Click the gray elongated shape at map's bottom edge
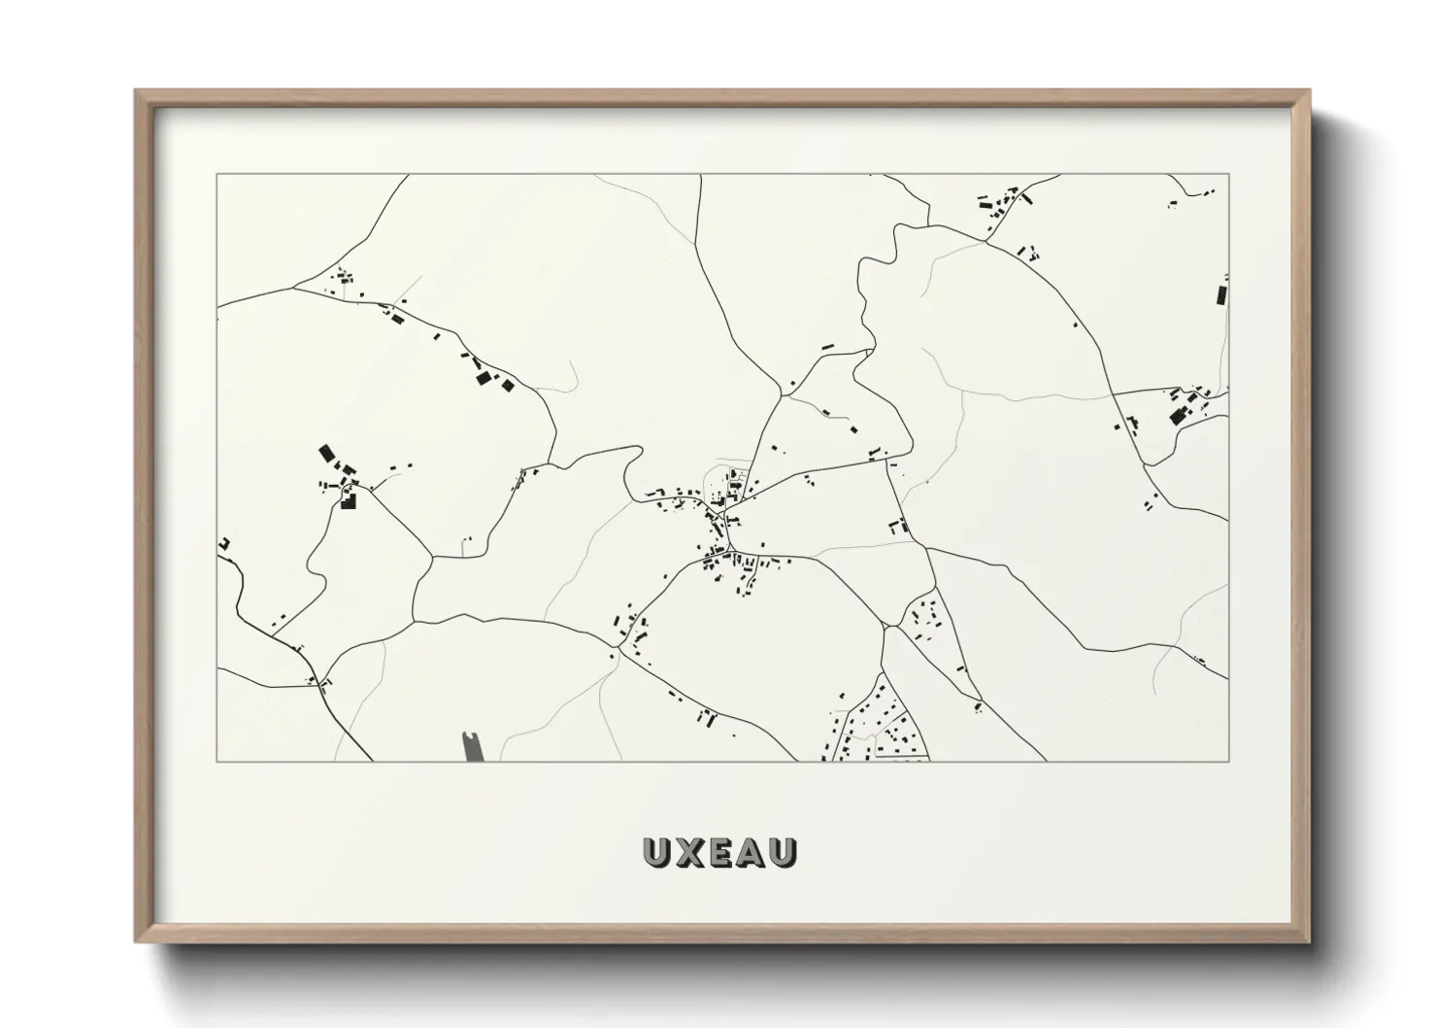pyautogui.click(x=473, y=745)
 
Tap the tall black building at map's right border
pyautogui.click(x=1221, y=293)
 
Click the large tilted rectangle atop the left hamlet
pyautogui.click(x=326, y=453)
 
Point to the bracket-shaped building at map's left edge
pyautogui.click(x=223, y=544)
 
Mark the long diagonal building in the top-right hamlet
pyautogui.click(x=1026, y=198)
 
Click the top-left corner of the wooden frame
pyautogui.click(x=137, y=91)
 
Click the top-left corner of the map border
pyautogui.click(x=217, y=175)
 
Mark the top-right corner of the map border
pyautogui.click(x=1228, y=175)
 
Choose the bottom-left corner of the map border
pyautogui.click(x=217, y=761)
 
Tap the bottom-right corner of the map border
pyautogui.click(x=1228, y=761)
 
